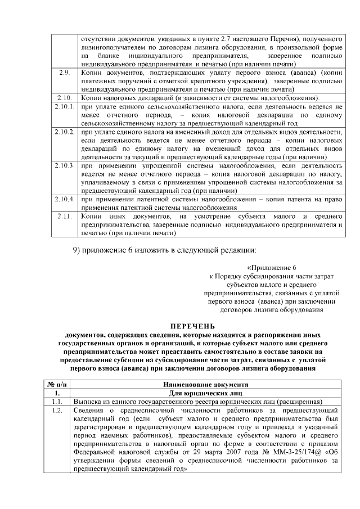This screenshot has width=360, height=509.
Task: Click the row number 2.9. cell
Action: pos(64,73)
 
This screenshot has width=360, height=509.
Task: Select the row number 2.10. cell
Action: pos(64,98)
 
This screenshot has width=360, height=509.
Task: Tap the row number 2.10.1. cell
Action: pos(64,106)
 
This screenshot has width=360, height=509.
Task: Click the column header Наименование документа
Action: pos(206,384)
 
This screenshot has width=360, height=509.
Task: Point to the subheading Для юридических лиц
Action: pos(206,393)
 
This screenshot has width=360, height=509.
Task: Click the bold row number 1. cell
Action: pos(57,393)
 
